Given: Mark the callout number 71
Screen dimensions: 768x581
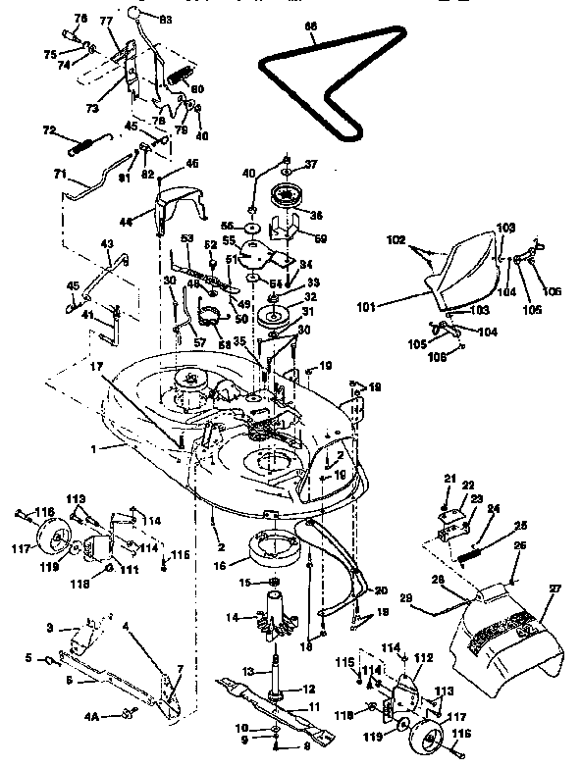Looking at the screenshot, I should click(x=59, y=175).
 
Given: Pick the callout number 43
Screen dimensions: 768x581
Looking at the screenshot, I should click(x=107, y=244).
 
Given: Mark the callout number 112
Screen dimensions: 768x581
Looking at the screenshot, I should click(x=424, y=658).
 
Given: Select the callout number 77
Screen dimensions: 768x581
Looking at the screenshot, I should click(x=106, y=20).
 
